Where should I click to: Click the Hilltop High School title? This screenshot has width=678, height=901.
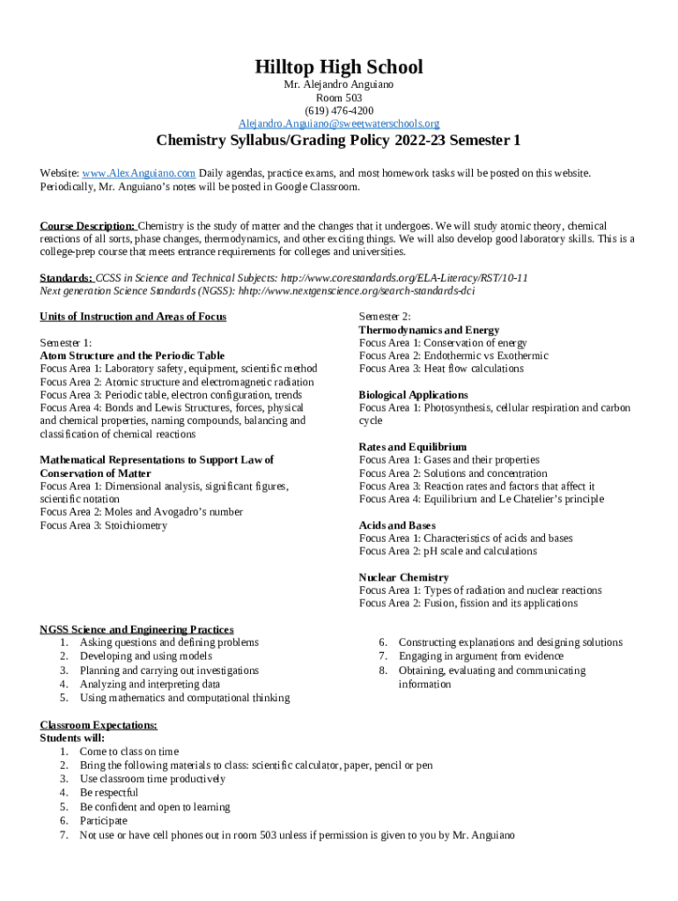point(339,67)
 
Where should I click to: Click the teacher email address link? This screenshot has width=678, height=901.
point(339,123)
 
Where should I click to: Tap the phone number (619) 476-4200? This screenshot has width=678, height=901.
point(339,110)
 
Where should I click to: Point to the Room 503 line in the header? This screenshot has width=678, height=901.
point(339,98)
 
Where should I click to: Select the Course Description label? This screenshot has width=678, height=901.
point(87,226)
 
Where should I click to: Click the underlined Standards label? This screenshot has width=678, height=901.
point(66,277)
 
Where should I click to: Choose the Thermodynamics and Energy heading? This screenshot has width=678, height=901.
point(429,330)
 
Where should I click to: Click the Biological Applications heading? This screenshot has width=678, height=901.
point(413,395)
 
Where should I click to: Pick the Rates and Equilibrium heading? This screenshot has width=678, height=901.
point(412,447)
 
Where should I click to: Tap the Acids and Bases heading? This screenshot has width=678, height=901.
point(397,525)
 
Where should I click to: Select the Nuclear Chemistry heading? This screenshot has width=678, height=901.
point(404,577)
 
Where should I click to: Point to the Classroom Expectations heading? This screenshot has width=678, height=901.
point(99,725)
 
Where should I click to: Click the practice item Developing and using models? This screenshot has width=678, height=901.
point(145,656)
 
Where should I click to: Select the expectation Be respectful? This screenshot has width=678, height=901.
point(109,793)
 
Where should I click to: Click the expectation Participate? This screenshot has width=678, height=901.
point(103,820)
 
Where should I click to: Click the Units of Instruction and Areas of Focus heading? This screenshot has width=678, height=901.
point(133,317)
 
